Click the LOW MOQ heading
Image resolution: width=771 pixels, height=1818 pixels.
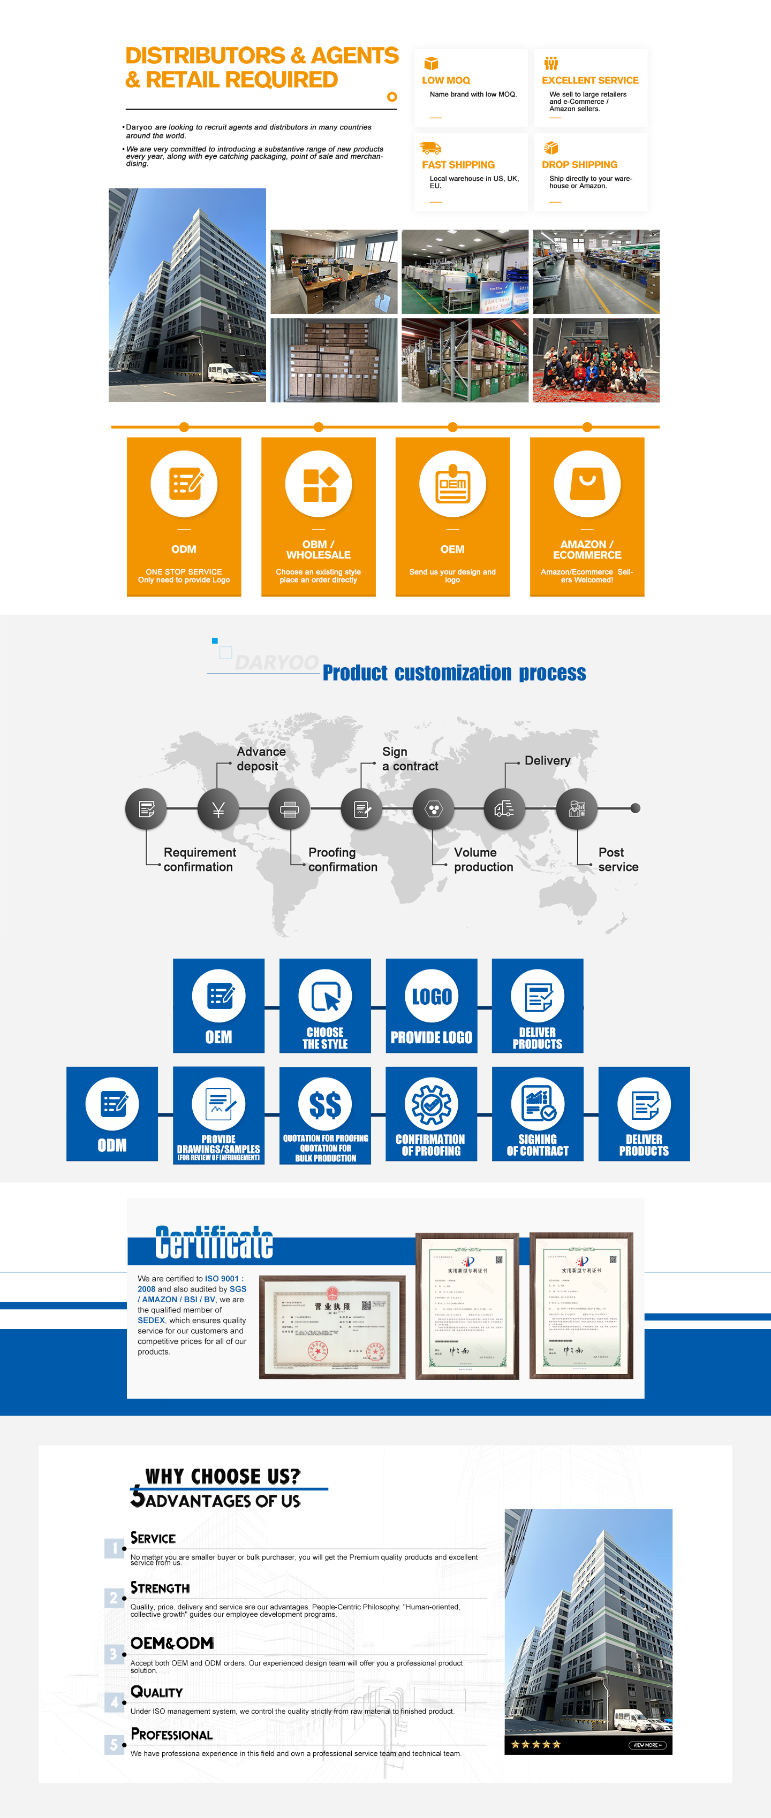[445, 80]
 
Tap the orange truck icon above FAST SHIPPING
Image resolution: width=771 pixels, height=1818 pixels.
[430, 148]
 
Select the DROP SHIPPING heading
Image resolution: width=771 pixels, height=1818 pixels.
[579, 164]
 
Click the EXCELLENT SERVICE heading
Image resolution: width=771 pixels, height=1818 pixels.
[589, 80]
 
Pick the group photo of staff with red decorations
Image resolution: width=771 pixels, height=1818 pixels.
[596, 360]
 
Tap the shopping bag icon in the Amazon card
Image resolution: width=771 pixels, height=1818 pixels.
[587, 484]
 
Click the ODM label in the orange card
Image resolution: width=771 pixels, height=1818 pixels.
[184, 549]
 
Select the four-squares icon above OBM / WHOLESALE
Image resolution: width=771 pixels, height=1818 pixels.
[319, 484]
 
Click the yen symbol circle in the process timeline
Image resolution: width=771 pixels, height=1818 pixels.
[218, 809]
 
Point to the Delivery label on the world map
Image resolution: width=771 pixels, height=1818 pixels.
[547, 760]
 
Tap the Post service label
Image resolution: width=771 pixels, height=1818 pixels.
[618, 860]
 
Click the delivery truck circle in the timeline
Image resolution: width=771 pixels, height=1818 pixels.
[504, 809]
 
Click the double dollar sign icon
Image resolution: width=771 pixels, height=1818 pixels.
[325, 1104]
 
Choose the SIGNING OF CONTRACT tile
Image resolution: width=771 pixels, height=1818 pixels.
[538, 1114]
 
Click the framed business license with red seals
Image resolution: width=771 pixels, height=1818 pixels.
[332, 1327]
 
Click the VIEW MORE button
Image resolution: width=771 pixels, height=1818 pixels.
[646, 1745]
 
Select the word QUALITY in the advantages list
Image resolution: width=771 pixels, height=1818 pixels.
[157, 1692]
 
